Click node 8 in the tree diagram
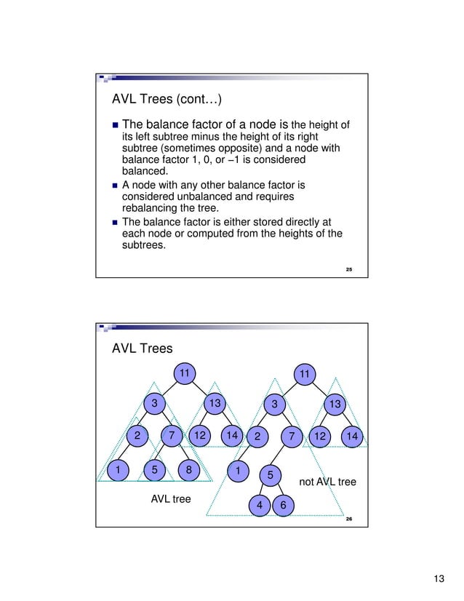point(189,470)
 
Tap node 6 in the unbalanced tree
point(283,505)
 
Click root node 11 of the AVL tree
point(185,374)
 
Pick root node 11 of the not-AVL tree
point(305,375)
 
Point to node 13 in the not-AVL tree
point(335,403)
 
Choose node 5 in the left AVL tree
point(155,470)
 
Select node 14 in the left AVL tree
point(232,436)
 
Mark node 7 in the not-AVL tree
point(291,437)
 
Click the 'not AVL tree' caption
point(328,482)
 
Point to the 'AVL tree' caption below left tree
point(170,499)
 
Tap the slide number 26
point(349,520)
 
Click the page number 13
point(438,579)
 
